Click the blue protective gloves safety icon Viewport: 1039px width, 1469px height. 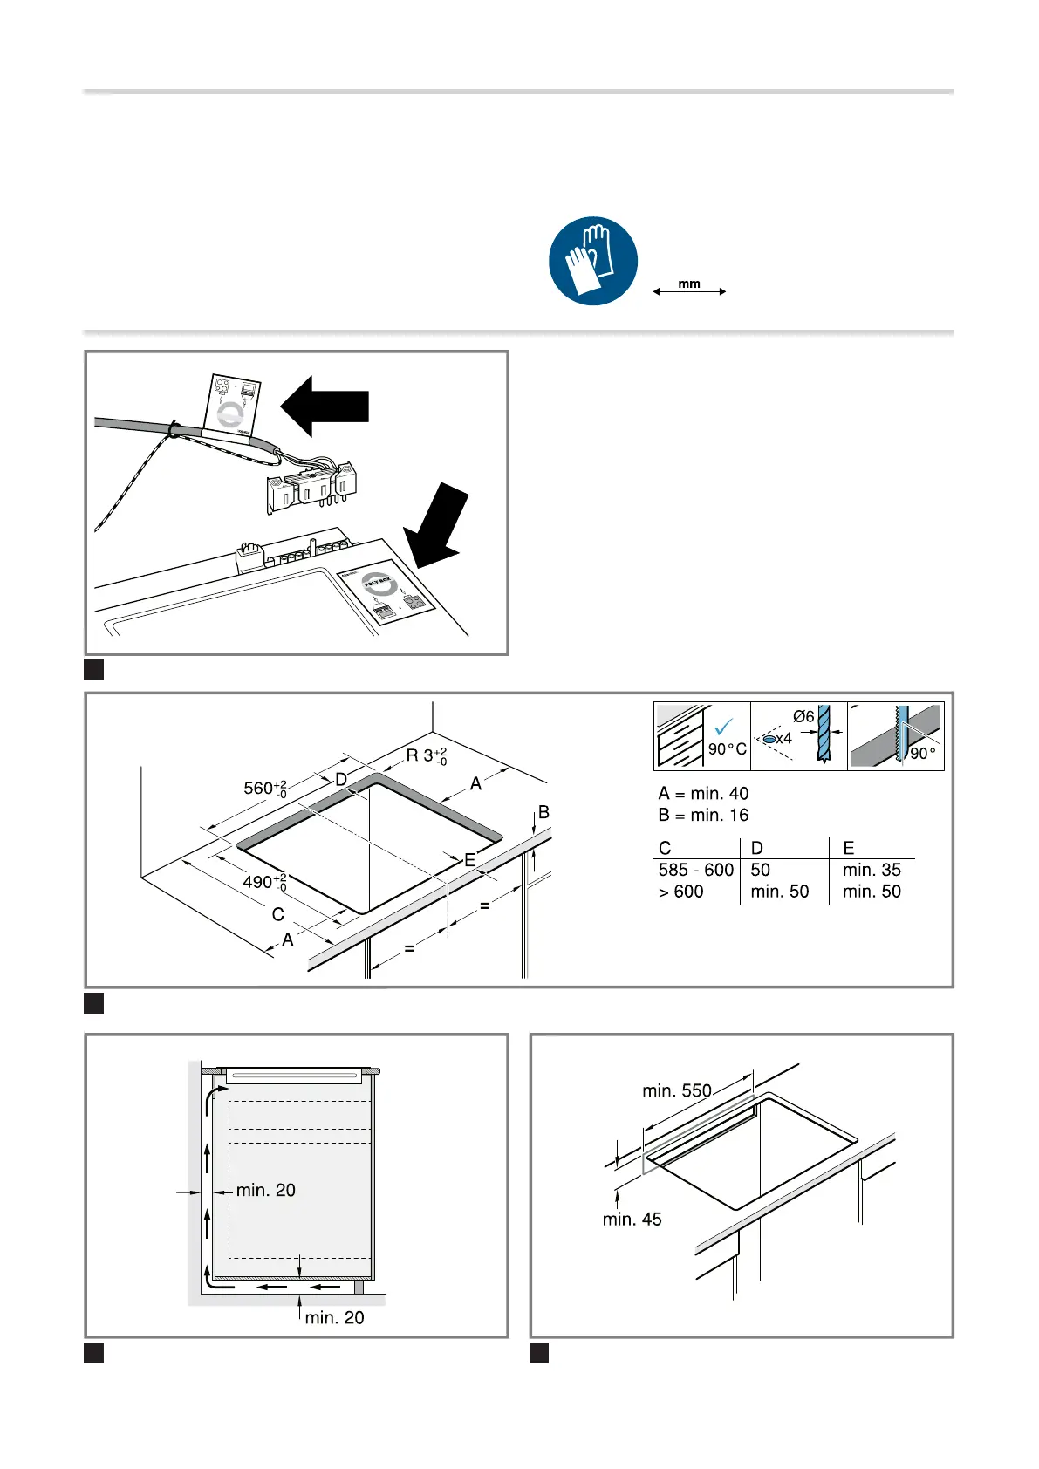[593, 261]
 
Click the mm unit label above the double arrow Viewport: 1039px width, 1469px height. [689, 284]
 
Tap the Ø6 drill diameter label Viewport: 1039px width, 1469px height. [803, 717]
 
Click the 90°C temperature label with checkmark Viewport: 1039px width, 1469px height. [727, 748]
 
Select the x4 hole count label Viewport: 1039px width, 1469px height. [783, 739]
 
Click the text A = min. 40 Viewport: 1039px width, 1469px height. [703, 794]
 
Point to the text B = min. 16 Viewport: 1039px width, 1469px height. [703, 816]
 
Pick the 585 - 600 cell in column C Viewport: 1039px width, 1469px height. [695, 870]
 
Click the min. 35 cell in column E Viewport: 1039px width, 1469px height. [872, 870]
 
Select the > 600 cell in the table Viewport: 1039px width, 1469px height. [680, 892]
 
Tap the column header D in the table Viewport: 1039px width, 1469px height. [756, 848]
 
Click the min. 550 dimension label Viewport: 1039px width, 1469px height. [677, 1090]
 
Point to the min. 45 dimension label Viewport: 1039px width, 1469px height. [632, 1220]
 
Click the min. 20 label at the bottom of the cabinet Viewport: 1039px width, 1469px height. [334, 1317]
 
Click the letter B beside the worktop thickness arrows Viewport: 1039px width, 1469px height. [543, 812]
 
